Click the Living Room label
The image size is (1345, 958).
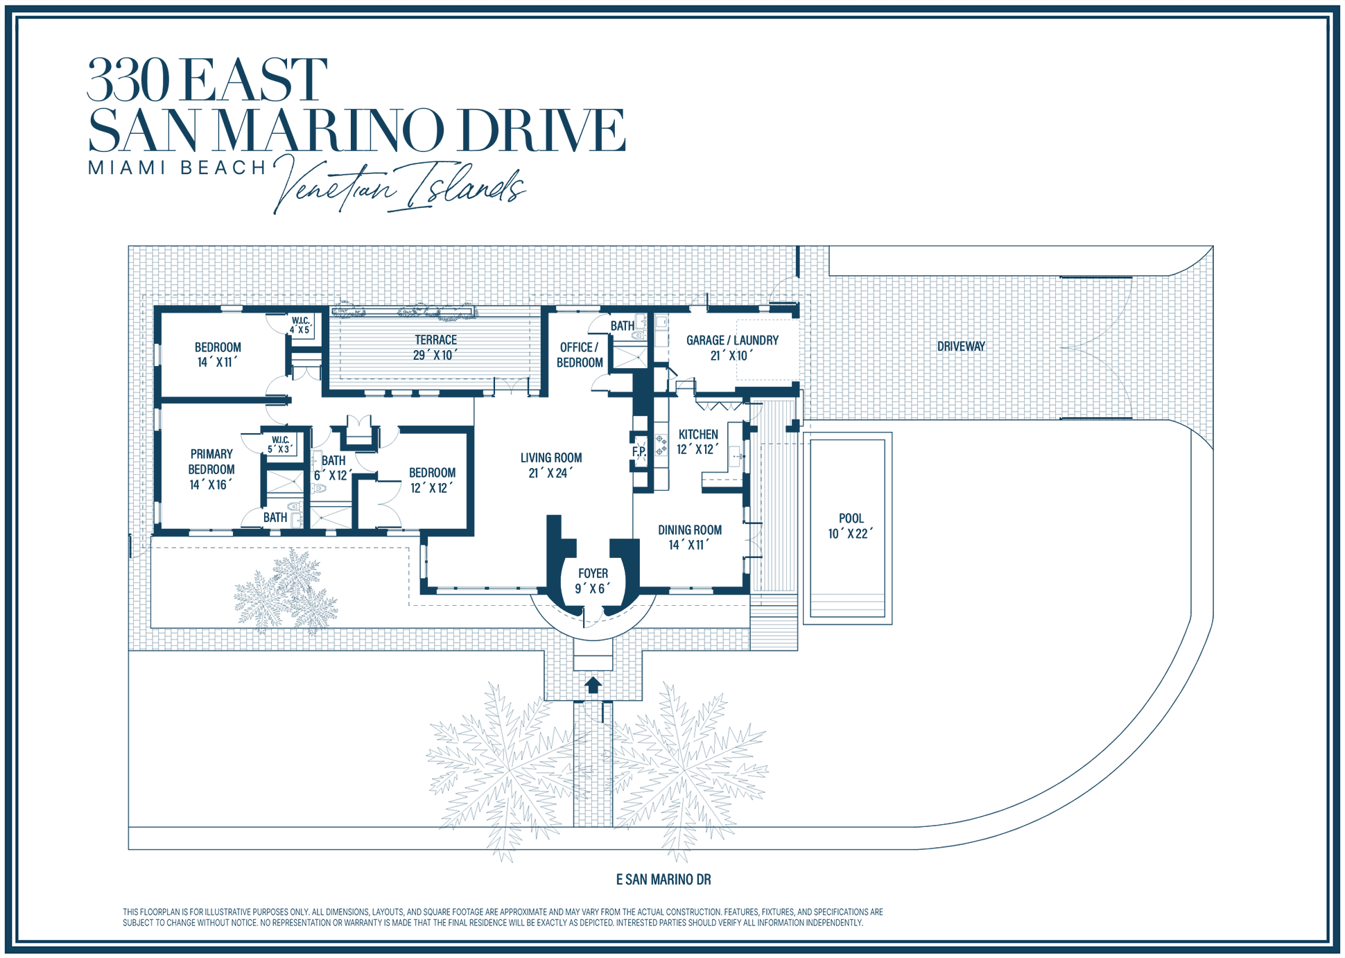pos(551,465)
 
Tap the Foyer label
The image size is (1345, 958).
pos(593,581)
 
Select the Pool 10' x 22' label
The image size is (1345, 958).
pos(851,526)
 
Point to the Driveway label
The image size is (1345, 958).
pos(961,346)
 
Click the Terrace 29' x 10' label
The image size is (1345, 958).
pos(435,347)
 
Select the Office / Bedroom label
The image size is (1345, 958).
pos(580,355)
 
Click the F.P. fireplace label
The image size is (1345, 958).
pos(639,452)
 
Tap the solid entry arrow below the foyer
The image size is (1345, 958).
pos(593,685)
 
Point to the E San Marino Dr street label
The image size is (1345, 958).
pos(663,880)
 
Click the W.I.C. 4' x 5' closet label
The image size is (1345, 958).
pos(301,325)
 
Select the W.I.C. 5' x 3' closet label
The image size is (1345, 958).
pos(281,445)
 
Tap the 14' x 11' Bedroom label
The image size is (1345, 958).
pos(218,355)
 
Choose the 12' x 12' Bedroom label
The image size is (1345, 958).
pos(432,480)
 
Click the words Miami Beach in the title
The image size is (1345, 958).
pos(177,168)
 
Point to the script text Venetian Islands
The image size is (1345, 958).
pos(399,185)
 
